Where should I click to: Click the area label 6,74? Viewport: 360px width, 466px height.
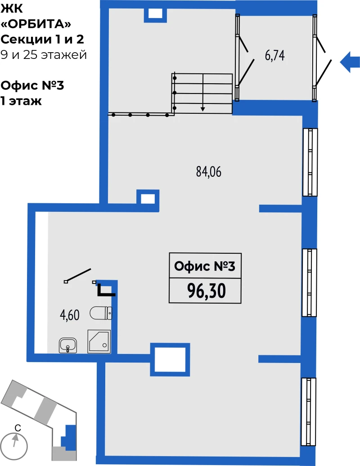point(274,56)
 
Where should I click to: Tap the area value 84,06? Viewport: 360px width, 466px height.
point(209,172)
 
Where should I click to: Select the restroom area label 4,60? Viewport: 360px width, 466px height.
point(70,315)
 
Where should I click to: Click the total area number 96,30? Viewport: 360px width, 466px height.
point(206,291)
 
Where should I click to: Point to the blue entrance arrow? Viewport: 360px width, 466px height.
point(350,62)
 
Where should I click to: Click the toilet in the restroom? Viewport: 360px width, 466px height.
point(101,313)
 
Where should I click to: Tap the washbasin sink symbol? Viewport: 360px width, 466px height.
point(68,345)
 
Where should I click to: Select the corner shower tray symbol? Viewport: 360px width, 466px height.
point(99,341)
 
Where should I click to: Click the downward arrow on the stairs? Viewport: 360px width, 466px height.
point(203,93)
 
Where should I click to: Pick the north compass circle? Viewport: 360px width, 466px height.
point(14,446)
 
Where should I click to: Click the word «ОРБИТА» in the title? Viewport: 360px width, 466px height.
point(36,24)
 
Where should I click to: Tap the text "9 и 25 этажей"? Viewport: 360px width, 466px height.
point(44,55)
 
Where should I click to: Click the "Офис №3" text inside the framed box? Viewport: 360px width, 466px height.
point(205,266)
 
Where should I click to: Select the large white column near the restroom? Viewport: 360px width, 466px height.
point(170,360)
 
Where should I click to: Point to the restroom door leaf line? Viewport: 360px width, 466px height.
point(78,275)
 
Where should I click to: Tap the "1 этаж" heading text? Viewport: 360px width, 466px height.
point(21,101)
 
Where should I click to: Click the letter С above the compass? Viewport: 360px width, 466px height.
point(18,428)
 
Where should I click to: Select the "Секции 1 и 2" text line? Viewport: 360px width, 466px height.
point(42,39)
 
